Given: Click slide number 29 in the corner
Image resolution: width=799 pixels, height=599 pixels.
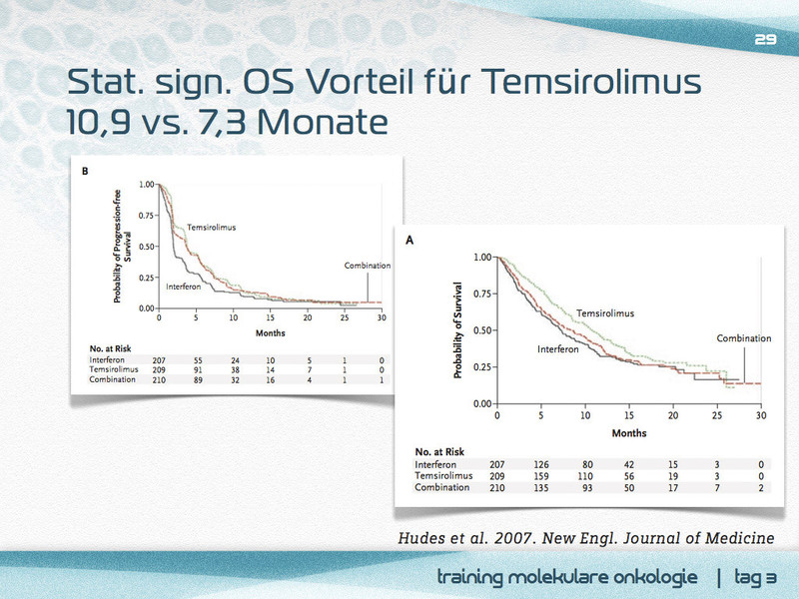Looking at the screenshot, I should click(x=765, y=39).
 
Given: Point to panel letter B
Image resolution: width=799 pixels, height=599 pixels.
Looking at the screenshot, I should click(x=85, y=171).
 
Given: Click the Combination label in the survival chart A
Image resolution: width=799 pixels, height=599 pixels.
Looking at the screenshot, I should click(x=744, y=338).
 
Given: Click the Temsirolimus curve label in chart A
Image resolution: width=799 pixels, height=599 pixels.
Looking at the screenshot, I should click(x=605, y=313).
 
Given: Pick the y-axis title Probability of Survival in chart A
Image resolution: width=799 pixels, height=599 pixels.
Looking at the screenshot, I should click(x=458, y=329).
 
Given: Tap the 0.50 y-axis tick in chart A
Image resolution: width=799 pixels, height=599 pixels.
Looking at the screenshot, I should click(x=481, y=329).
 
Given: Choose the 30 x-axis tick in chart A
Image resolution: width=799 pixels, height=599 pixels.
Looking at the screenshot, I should click(x=761, y=416).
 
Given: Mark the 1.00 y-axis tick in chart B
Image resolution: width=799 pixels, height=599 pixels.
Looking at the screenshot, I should click(x=146, y=185).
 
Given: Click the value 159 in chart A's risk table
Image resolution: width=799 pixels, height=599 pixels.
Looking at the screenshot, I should click(x=540, y=476).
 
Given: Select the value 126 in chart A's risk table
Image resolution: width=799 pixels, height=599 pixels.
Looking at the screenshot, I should click(x=540, y=464).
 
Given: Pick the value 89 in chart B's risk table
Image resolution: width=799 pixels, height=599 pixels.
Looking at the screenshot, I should click(x=198, y=380).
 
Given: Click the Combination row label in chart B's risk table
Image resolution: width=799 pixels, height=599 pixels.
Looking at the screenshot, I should click(x=113, y=380).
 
